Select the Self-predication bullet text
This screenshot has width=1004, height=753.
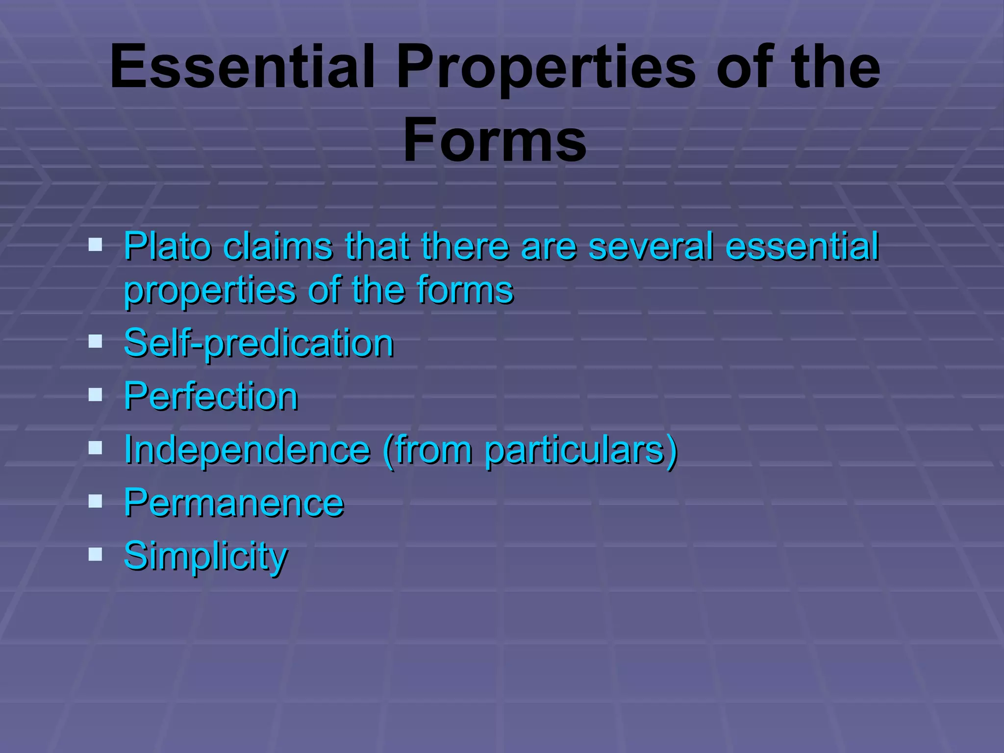(x=258, y=343)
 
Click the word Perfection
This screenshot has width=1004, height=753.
(x=211, y=396)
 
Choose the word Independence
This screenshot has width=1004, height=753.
(x=247, y=449)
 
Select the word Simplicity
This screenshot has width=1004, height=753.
(x=205, y=556)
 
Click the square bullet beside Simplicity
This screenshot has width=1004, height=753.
(x=95, y=554)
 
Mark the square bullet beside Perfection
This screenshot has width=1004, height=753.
(x=95, y=394)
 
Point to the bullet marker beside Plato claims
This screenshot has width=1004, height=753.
(x=95, y=244)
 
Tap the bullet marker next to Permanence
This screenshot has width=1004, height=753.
(x=95, y=501)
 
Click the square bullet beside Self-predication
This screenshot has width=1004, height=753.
(x=95, y=341)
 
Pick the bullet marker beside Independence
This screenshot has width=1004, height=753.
(x=95, y=447)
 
